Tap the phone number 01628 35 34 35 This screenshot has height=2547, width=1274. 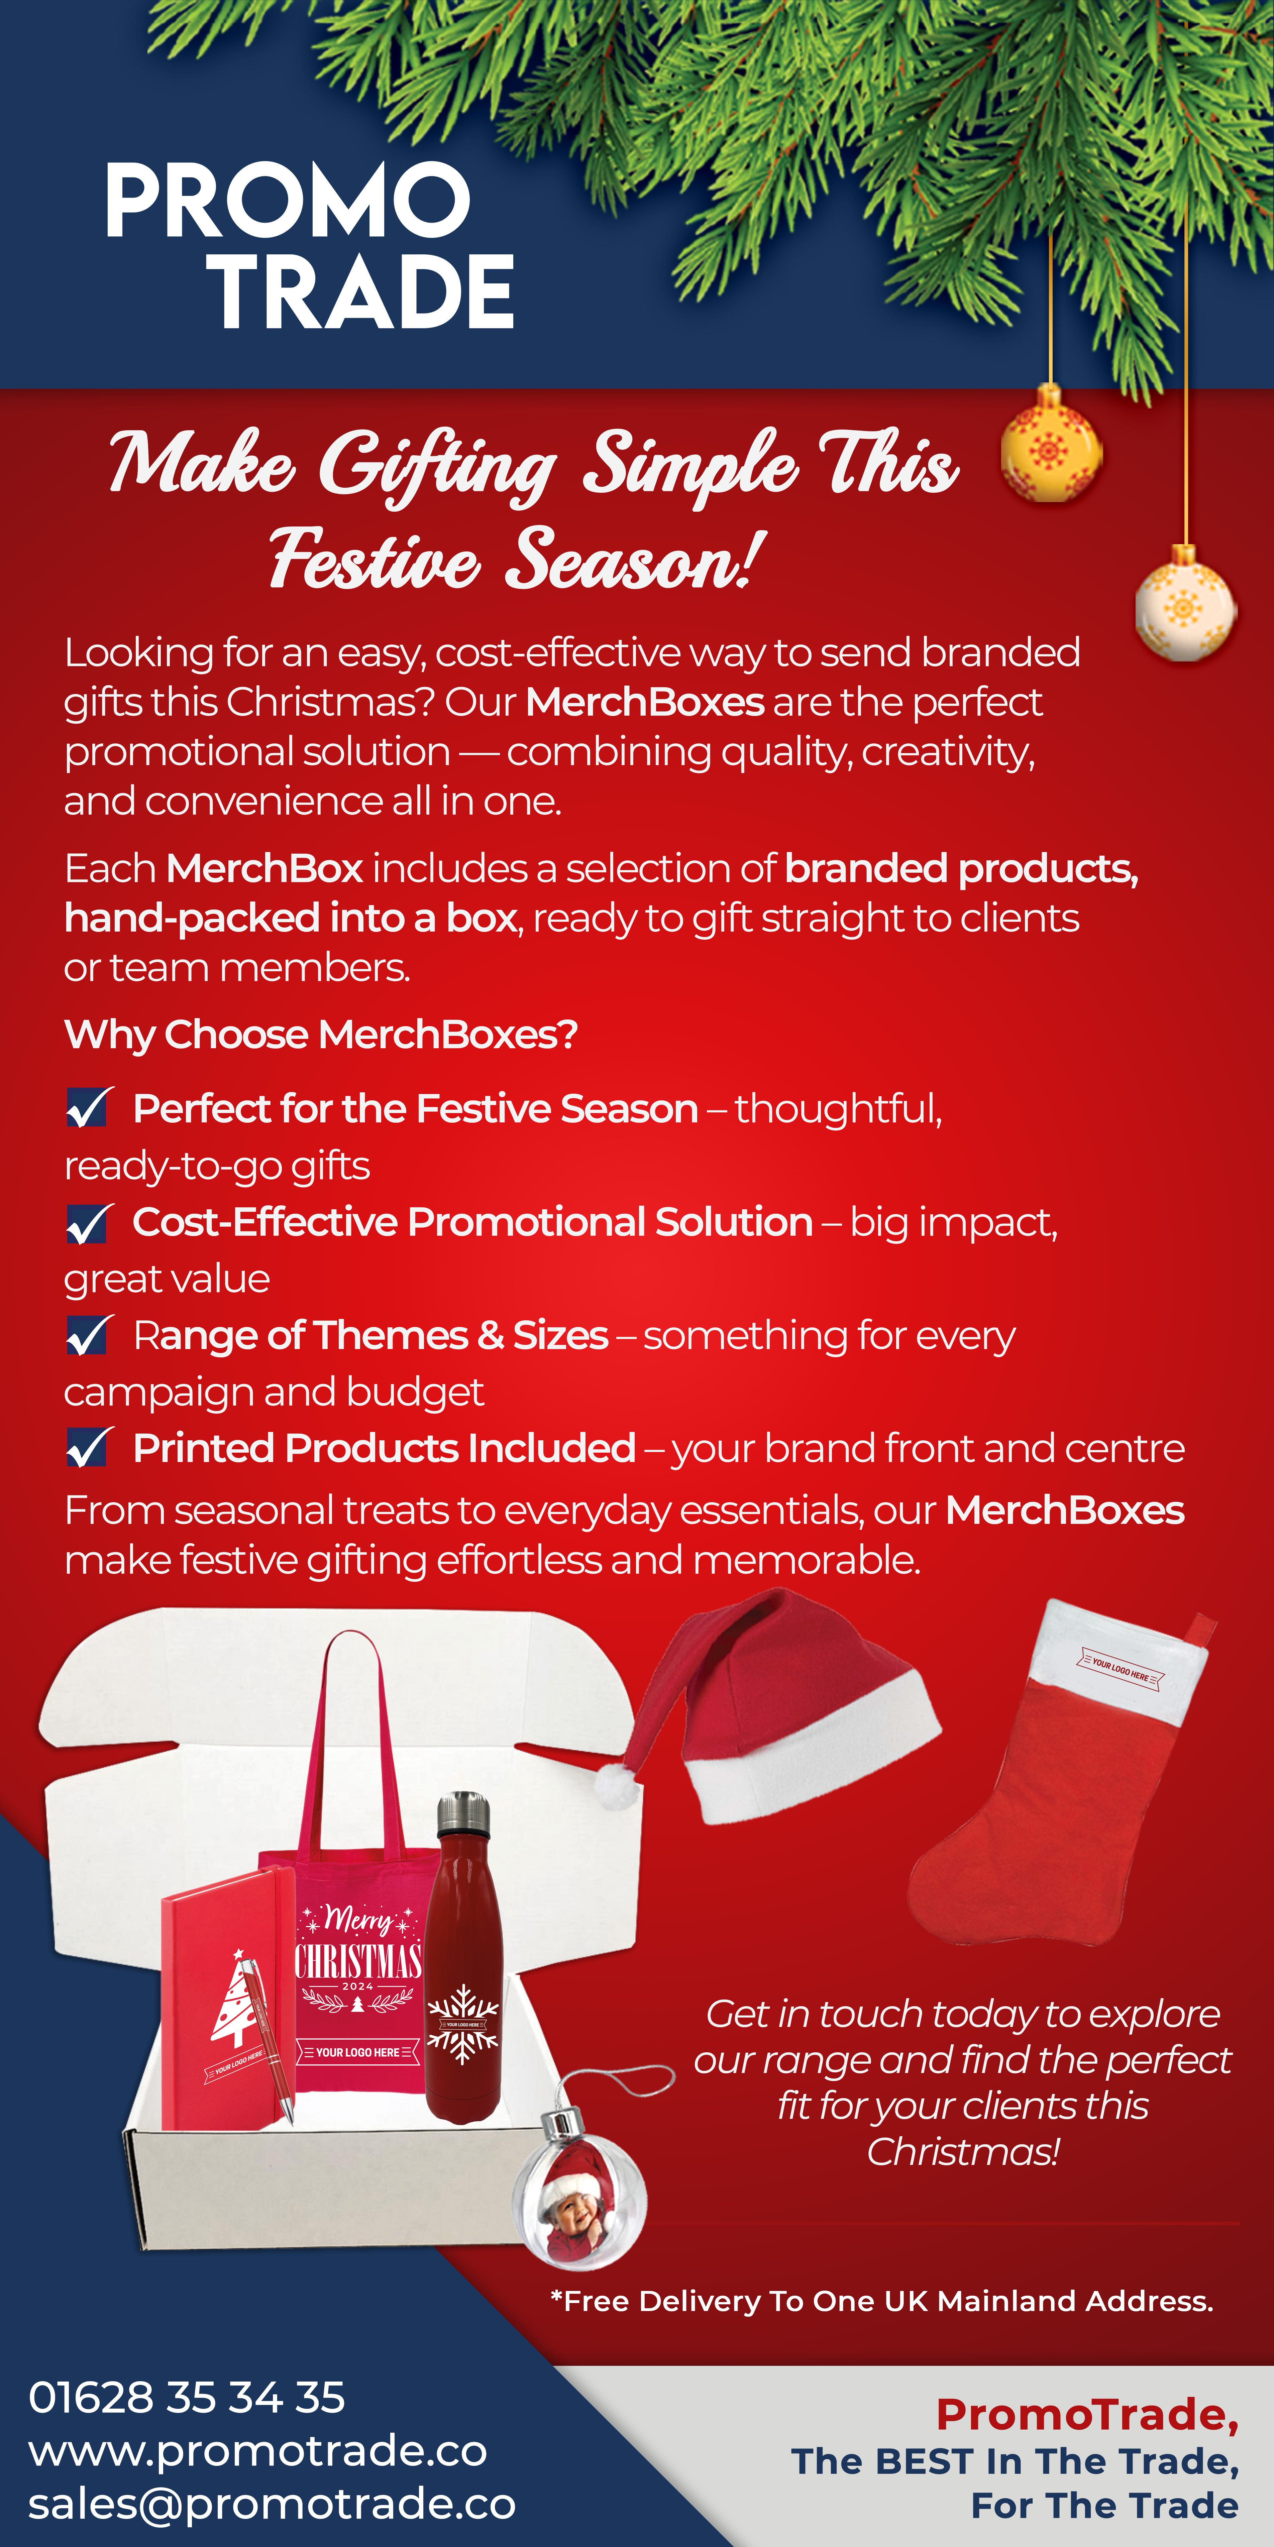(187, 2397)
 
